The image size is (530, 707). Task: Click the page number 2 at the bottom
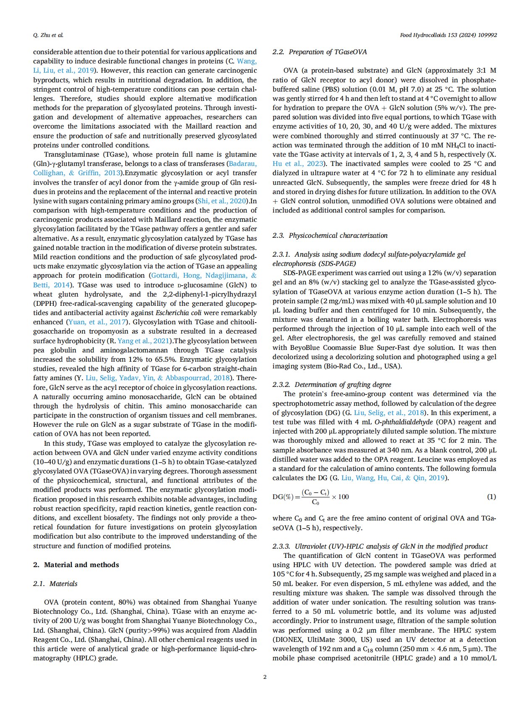(x=265, y=677)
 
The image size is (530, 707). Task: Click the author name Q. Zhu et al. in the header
(x=48, y=35)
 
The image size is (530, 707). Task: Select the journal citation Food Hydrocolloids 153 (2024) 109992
(x=448, y=35)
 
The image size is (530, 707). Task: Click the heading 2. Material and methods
(x=76, y=565)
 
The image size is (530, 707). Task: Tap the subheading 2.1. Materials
(x=55, y=583)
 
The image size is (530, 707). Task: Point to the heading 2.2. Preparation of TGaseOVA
(x=320, y=52)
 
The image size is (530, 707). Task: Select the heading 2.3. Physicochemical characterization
(x=330, y=235)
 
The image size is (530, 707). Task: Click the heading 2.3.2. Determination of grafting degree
(x=332, y=384)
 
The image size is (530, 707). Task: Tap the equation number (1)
(x=491, y=497)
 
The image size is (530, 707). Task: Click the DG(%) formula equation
(x=311, y=497)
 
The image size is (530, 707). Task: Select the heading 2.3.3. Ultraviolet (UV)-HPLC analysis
(x=380, y=546)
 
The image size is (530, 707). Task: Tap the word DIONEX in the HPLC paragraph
(x=290, y=639)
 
